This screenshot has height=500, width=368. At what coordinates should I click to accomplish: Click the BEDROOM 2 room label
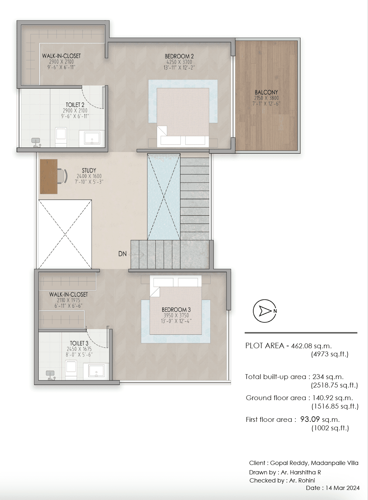179,56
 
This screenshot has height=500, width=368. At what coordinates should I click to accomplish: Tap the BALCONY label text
266,92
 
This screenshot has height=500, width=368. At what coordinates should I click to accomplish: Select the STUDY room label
89,171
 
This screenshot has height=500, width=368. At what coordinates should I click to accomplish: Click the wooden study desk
48,177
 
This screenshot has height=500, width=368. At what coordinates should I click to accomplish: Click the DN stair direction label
122,254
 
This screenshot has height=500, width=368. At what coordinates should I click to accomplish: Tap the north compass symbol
265,311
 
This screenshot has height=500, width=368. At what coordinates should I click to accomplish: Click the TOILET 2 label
75,105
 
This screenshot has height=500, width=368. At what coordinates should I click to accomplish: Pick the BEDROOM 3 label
176,310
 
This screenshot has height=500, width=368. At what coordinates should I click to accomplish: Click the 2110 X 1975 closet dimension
68,300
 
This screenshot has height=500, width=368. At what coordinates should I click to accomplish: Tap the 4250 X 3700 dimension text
179,62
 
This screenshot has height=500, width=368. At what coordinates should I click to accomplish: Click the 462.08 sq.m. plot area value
311,346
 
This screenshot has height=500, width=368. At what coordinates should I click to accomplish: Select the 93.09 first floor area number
310,419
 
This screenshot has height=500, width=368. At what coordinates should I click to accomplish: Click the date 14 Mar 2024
343,488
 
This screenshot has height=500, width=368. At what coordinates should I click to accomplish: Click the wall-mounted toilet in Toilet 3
51,375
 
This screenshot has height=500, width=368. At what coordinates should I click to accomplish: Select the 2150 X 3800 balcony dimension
266,98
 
